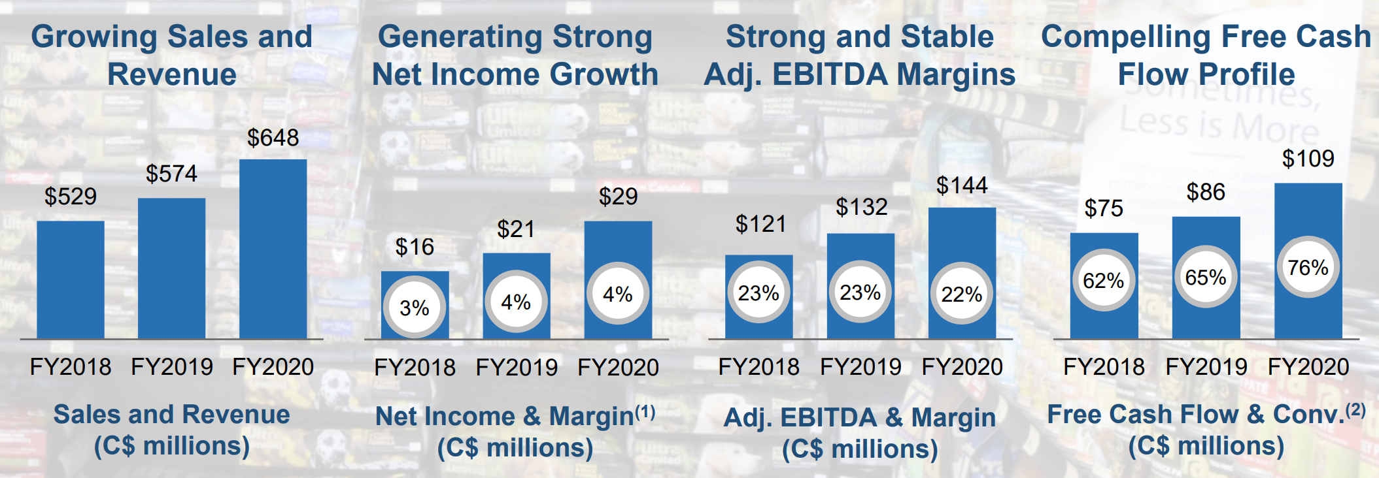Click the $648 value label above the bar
click(x=273, y=138)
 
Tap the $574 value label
click(x=171, y=174)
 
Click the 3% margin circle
click(x=415, y=307)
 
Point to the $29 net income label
click(x=618, y=197)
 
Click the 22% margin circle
click(x=962, y=294)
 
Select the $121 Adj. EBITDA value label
click(x=760, y=224)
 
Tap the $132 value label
click(x=861, y=207)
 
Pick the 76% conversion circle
click(x=1308, y=267)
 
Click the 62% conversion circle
click(x=1104, y=280)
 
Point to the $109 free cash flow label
click(x=1308, y=159)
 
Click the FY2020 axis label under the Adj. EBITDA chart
click(x=962, y=367)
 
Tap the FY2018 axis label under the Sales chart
click(x=71, y=367)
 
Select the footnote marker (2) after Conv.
click(x=1355, y=410)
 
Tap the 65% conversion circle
click(x=1206, y=278)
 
